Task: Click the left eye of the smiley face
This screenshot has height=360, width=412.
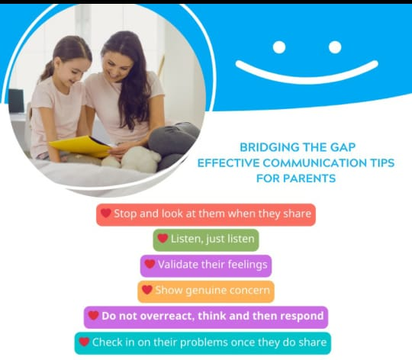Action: (x=279, y=47)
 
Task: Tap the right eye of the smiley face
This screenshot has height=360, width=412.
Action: (x=335, y=47)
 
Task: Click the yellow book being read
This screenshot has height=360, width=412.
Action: (x=80, y=146)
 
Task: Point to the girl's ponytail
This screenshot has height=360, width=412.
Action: (x=47, y=71)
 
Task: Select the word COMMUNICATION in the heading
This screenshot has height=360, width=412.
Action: (x=314, y=163)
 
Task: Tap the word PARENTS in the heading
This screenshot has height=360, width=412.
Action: (x=310, y=178)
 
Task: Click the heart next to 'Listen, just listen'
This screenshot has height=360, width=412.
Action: (x=163, y=238)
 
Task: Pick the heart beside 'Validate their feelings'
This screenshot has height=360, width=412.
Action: (x=150, y=264)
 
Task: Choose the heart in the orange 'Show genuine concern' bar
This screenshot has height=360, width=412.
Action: (x=147, y=290)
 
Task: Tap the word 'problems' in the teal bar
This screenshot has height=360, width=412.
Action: (x=204, y=342)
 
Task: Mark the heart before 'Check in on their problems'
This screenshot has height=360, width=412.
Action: (x=85, y=342)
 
